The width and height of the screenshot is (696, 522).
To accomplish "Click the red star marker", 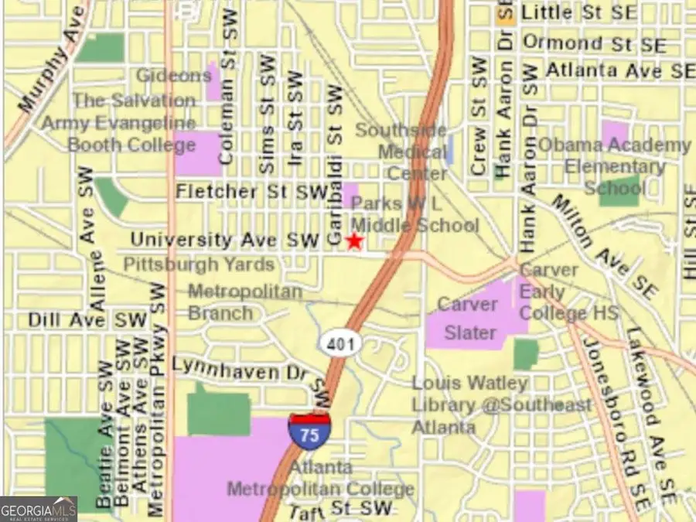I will coord(354,241).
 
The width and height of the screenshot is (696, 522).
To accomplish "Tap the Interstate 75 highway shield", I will coord(309,430).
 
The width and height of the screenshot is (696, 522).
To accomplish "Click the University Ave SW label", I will coord(225,241).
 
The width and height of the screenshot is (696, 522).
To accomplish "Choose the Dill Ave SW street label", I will coord(87,319).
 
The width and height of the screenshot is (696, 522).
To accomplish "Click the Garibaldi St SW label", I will coord(333,166).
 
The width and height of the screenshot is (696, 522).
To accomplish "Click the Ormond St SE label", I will coord(594,44).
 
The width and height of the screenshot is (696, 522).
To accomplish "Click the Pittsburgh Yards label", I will coord(199,264).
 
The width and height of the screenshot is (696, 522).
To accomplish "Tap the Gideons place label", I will coord(173,76).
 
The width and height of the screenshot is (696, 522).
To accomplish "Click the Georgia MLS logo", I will coord(39,509).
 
